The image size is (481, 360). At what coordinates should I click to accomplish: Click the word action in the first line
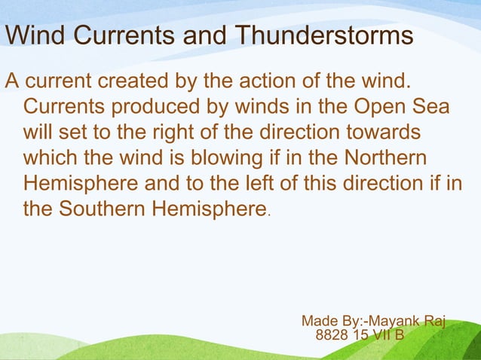click(268, 81)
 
